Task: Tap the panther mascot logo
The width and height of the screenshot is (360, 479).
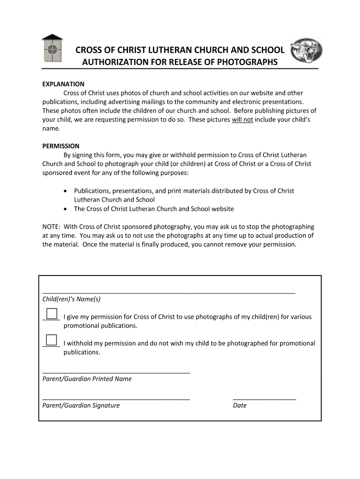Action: pyautogui.click(x=306, y=51)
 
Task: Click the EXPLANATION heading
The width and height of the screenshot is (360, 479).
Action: pyautogui.click(x=63, y=84)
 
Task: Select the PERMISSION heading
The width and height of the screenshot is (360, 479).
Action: pyautogui.click(x=61, y=146)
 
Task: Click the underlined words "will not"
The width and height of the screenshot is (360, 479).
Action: pyautogui.click(x=242, y=120)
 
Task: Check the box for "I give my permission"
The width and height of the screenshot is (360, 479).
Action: pyautogui.click(x=51, y=313)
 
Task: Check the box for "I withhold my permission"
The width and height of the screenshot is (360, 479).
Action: pyautogui.click(x=51, y=340)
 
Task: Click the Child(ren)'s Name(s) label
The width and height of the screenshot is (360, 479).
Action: pyautogui.click(x=71, y=299)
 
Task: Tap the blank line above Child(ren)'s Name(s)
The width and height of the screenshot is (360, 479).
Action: pyautogui.click(x=168, y=292)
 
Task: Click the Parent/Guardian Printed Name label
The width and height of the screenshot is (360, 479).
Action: pyautogui.click(x=87, y=379)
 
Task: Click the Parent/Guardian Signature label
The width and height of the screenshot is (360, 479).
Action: pyautogui.click(x=81, y=406)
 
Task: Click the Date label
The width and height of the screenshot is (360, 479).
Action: pyautogui.click(x=239, y=406)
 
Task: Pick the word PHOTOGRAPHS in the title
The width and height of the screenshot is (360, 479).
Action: pyautogui.click(x=247, y=62)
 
